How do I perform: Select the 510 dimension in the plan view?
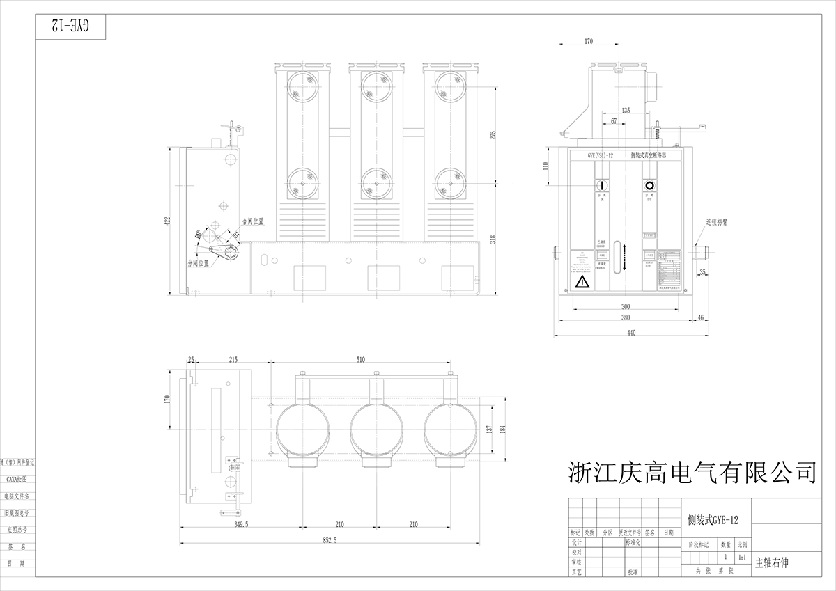click(360, 360)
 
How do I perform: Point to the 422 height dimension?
click(167, 221)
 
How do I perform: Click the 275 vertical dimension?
click(493, 135)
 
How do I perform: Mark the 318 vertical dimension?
click(493, 239)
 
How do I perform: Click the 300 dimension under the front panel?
click(626, 306)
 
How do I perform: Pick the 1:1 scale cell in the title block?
click(743, 558)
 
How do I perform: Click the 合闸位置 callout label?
click(252, 221)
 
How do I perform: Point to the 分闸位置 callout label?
click(199, 263)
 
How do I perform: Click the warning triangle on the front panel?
click(582, 281)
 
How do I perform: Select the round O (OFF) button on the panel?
click(649, 187)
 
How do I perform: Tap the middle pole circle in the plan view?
click(377, 430)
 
